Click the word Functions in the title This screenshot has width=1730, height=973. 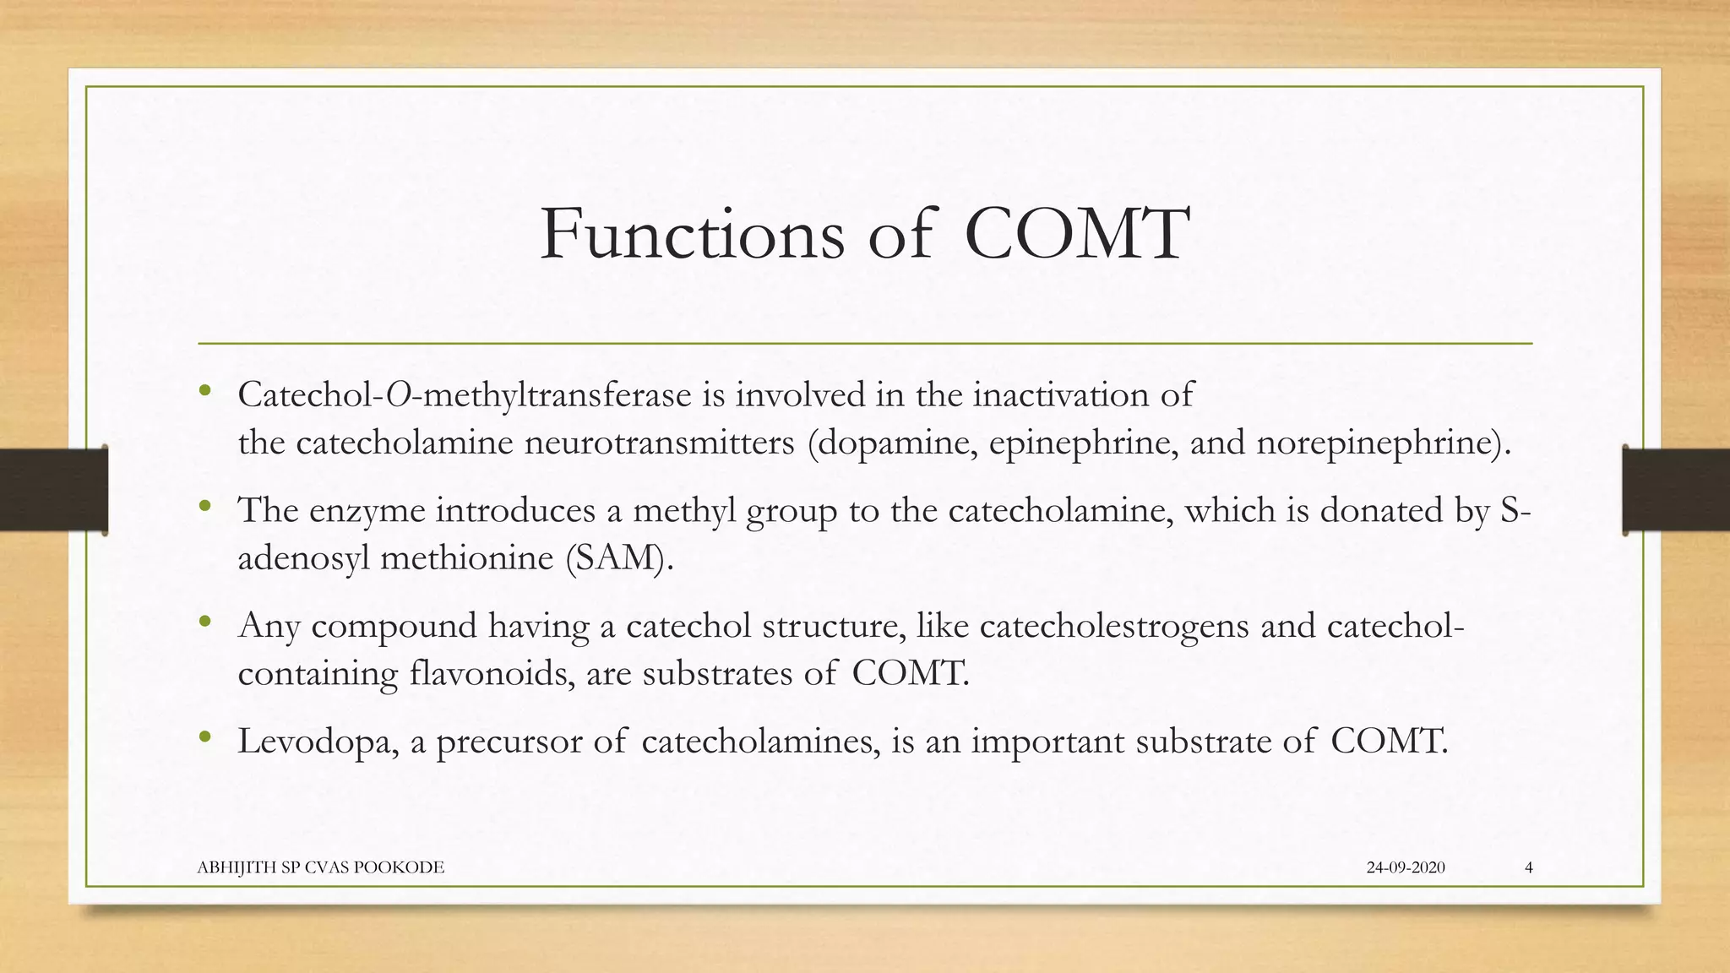(x=692, y=233)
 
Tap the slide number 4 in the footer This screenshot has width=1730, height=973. (x=1529, y=867)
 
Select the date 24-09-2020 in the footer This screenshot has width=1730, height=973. (x=1406, y=867)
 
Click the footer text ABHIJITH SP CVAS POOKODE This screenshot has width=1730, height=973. (x=320, y=867)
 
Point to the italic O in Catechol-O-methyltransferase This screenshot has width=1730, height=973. (x=398, y=394)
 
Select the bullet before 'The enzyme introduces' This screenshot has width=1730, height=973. (x=204, y=508)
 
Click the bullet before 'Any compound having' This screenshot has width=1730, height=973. (x=204, y=623)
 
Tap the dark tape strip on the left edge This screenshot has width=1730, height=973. (x=53, y=490)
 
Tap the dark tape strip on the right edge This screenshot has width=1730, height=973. (x=1676, y=490)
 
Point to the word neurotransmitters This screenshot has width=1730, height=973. (x=659, y=443)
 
